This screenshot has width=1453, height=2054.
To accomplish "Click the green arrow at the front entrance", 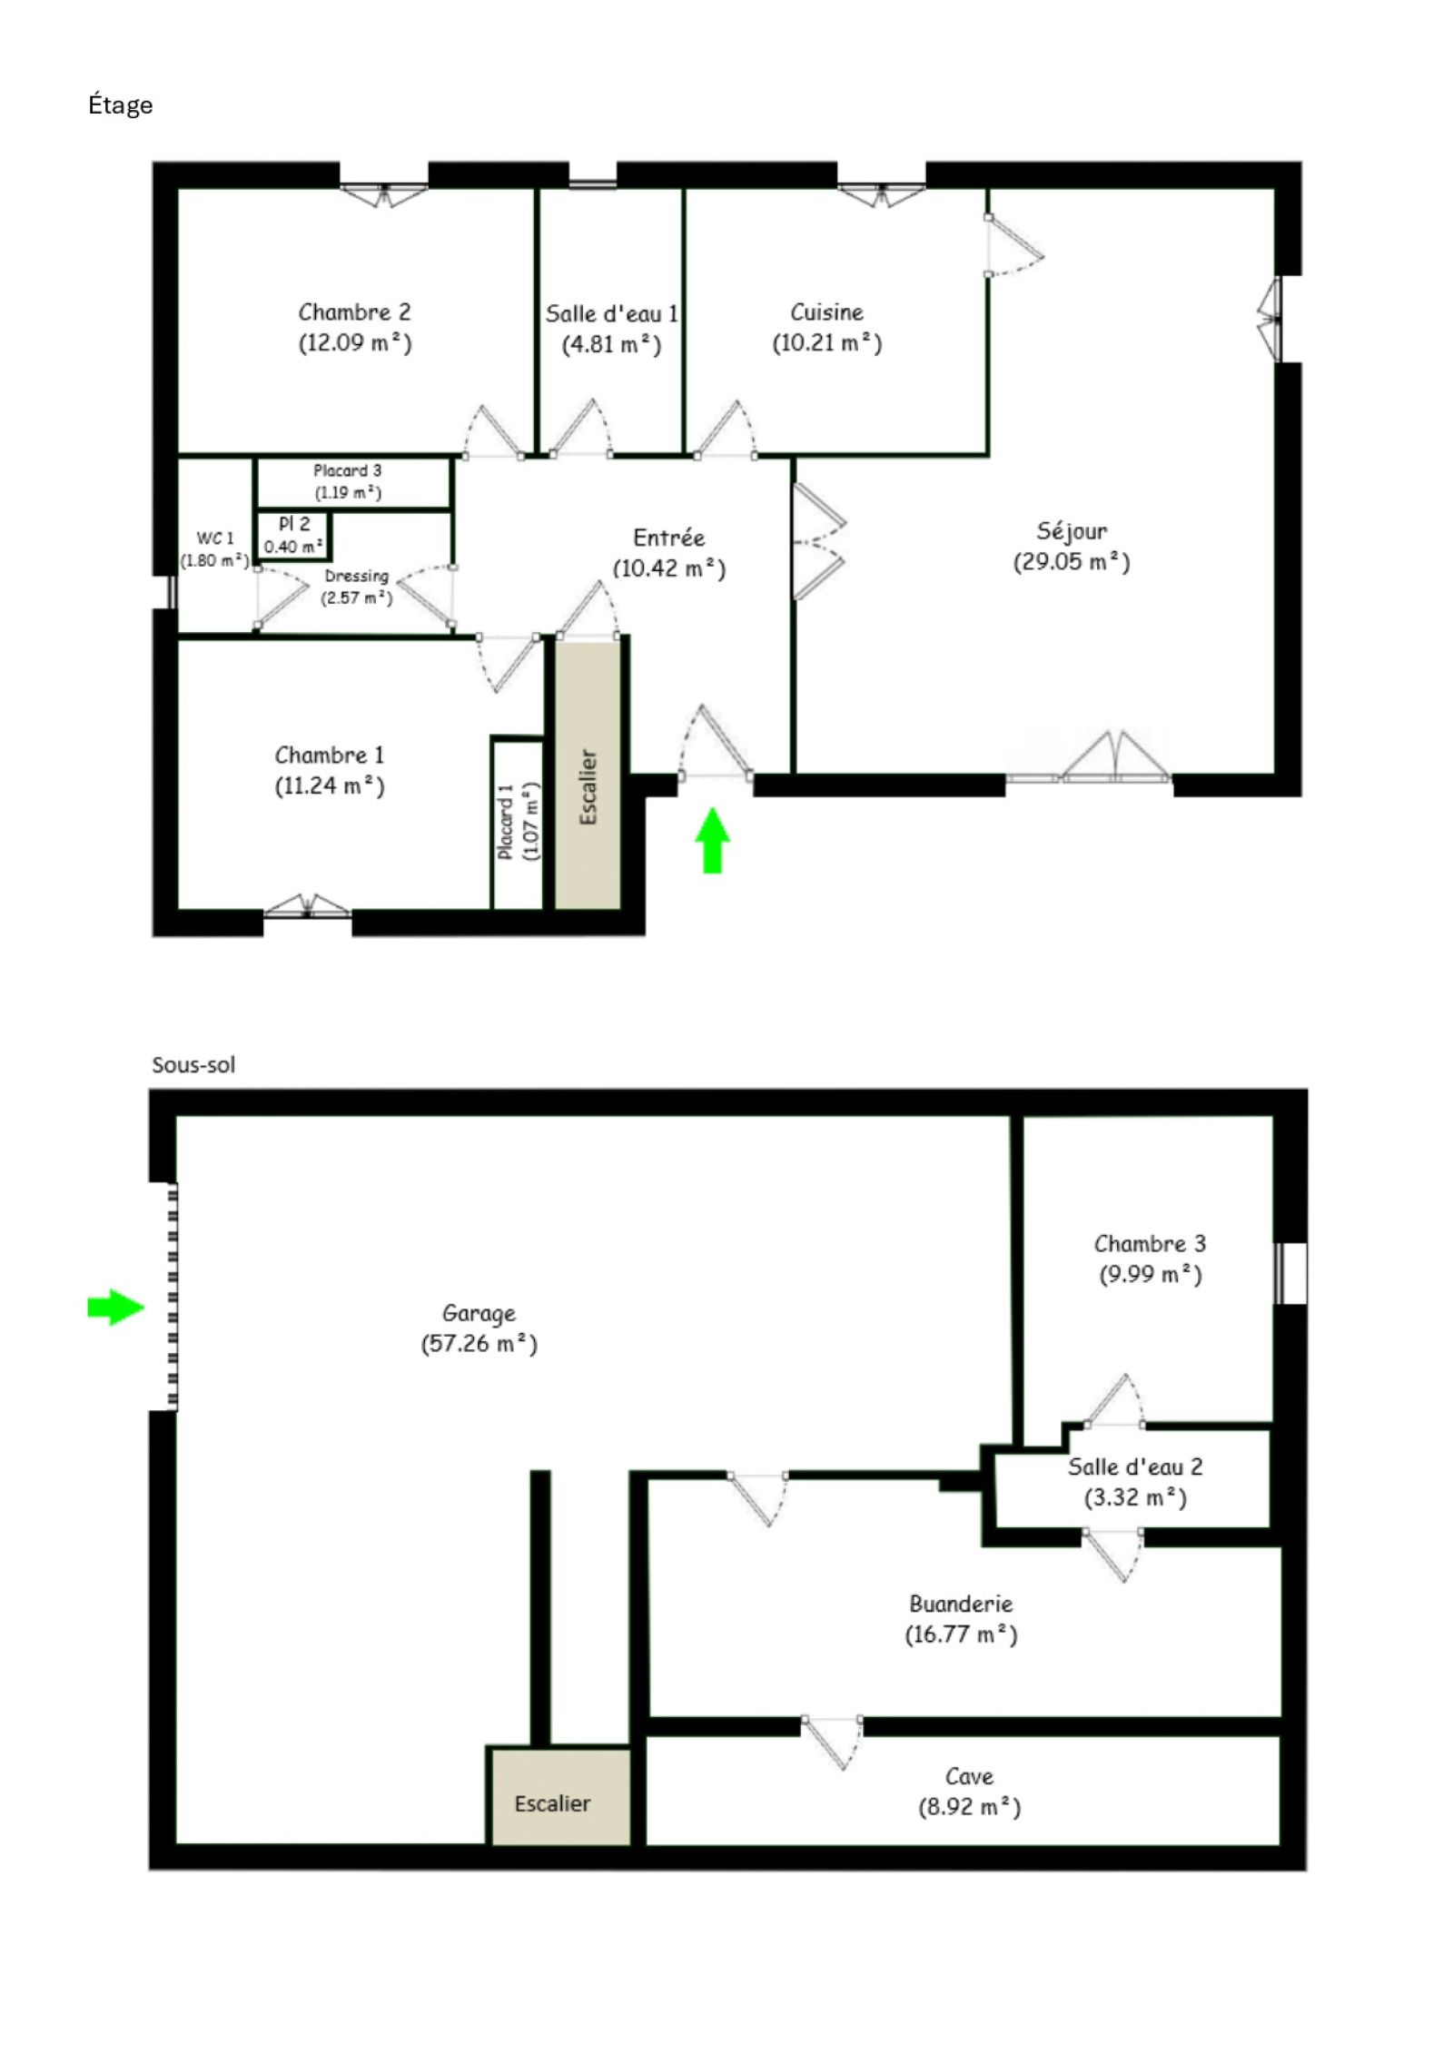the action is pos(712,840).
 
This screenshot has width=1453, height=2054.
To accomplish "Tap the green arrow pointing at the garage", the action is pos(115,1308).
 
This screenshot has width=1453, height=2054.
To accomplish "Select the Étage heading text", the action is pos(120,105).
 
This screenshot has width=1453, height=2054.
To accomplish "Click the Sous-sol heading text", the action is pos(193,1064).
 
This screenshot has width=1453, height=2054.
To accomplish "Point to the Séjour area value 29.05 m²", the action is pos(1072,562).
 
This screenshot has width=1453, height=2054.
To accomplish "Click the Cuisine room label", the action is pos(826,312).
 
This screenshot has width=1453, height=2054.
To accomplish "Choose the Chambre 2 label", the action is pos(354,312).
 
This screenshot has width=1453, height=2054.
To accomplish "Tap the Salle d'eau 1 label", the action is pos(611,314).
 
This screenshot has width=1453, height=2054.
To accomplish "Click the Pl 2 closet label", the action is pos(294,524).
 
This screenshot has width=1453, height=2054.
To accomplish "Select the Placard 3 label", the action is pos(348,470).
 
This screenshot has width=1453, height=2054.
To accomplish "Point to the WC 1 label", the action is pos(215,538).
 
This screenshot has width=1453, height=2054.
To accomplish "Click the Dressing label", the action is pos(356,577).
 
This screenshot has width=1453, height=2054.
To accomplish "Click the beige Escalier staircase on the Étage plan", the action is pos(588,775).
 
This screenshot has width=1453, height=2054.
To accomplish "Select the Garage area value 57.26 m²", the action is pos(479,1343).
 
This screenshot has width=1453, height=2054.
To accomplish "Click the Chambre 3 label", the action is pos(1150,1243).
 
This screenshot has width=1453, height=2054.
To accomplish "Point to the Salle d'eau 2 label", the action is pos(1135,1466).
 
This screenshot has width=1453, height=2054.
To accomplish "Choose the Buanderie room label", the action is pos(961,1604).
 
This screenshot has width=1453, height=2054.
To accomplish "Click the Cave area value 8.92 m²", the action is pos(969,1807).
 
